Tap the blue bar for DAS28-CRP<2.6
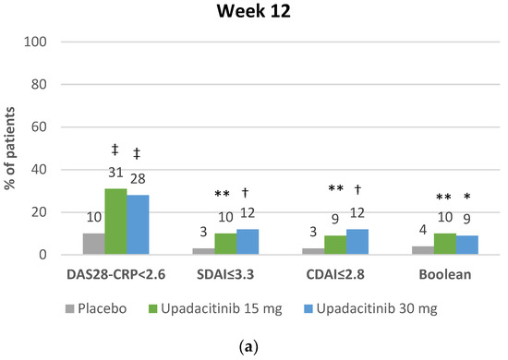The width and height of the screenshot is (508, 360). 138,225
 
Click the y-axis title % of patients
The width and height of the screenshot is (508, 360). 13,148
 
